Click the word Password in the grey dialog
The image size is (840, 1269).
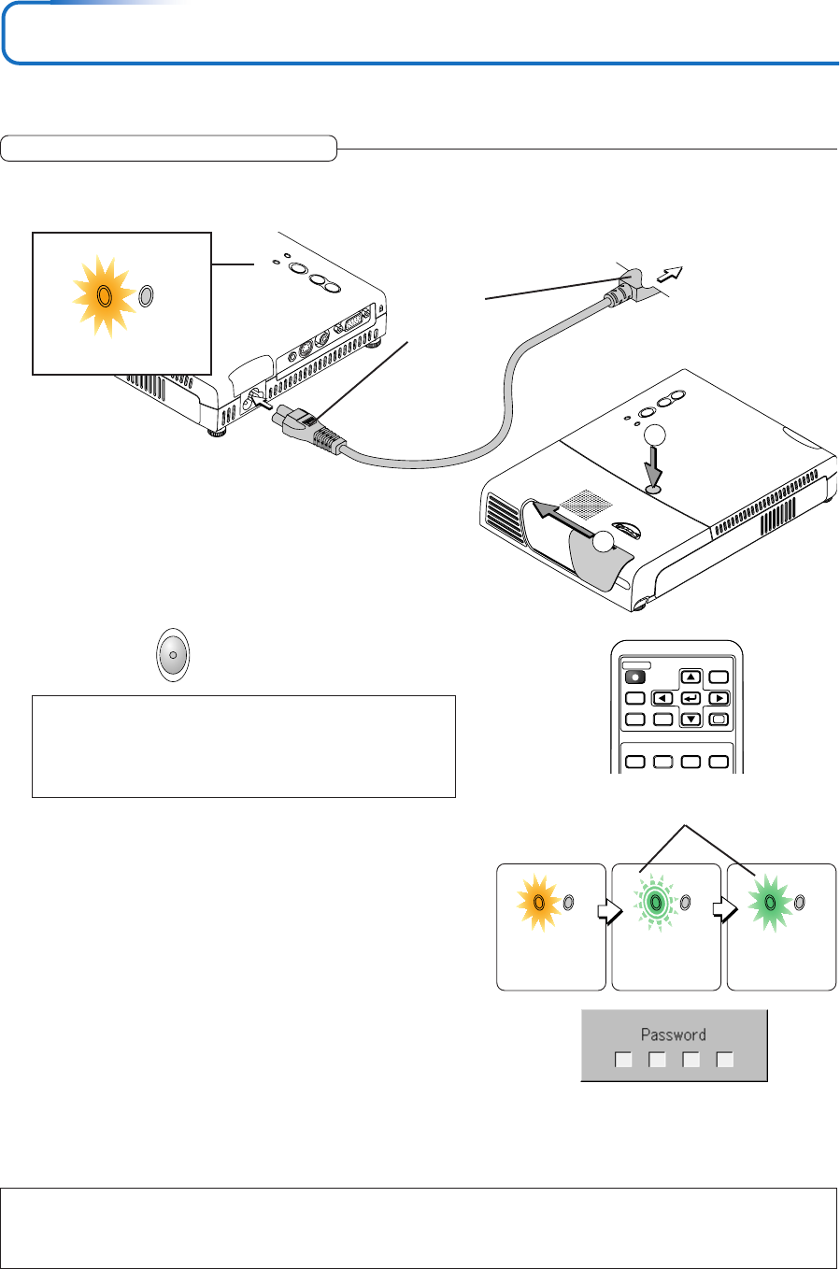pos(673,1034)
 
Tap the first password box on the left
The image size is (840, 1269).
pos(623,1060)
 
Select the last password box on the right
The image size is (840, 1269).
pos(725,1060)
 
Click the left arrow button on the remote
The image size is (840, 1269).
pos(662,698)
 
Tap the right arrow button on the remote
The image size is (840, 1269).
pos(719,698)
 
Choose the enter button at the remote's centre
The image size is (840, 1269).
pos(691,698)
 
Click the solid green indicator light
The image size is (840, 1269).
pos(769,902)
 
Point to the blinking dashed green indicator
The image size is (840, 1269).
pos(656,903)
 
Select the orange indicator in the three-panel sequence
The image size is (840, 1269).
pos(539,904)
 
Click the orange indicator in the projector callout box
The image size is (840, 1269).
pos(105,296)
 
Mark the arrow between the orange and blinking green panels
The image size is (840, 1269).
pos(609,911)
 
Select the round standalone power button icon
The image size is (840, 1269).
pos(173,655)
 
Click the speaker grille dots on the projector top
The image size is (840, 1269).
pos(587,503)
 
